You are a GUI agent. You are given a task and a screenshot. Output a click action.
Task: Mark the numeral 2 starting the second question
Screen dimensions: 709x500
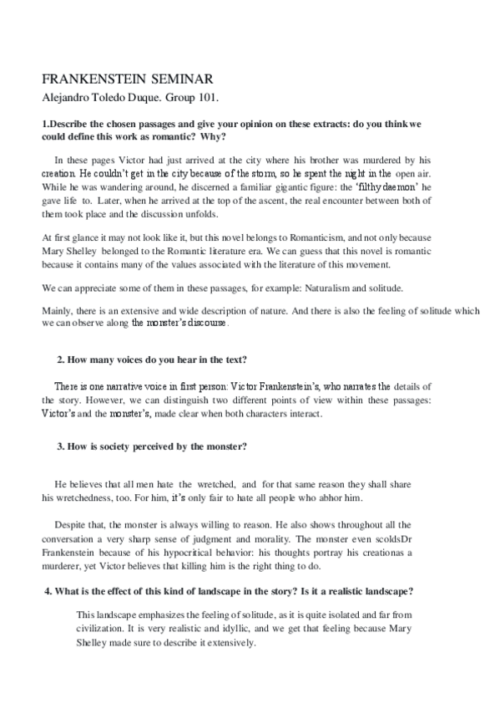click(59, 360)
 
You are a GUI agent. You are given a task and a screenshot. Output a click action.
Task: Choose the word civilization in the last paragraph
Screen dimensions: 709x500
click(102, 626)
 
